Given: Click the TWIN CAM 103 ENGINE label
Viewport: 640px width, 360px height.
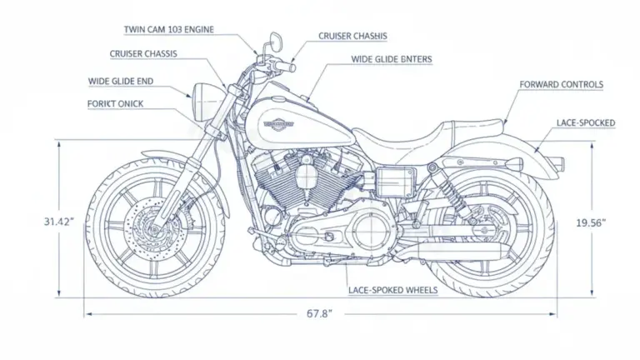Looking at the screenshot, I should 168,30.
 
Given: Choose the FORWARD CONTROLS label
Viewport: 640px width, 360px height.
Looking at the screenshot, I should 561,85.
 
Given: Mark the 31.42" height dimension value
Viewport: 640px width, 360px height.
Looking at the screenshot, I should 59,222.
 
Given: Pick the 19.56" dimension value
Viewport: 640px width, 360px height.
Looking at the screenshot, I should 591,222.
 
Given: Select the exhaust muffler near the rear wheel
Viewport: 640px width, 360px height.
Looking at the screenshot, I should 454,251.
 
